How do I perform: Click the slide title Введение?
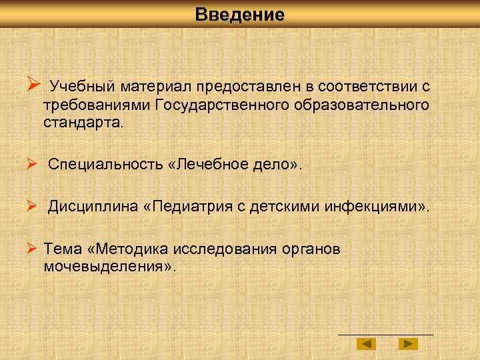(x=240, y=15)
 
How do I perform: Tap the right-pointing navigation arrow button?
(x=408, y=344)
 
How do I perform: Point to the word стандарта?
(x=83, y=123)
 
